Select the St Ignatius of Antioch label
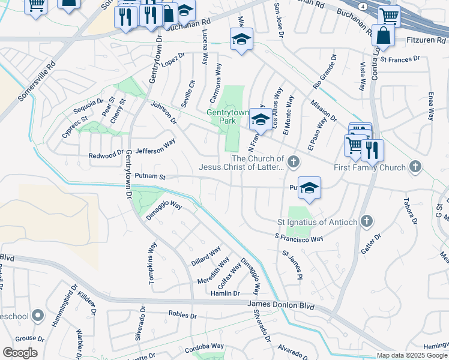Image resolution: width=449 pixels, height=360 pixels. (317, 222)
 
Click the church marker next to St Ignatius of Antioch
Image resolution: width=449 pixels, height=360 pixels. (366, 222)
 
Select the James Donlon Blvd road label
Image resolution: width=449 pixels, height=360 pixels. (281, 305)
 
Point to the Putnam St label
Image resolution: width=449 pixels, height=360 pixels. (149, 176)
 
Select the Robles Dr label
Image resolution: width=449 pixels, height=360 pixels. (182, 314)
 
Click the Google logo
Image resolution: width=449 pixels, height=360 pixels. (20, 353)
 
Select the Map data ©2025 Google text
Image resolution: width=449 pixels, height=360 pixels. (411, 355)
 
